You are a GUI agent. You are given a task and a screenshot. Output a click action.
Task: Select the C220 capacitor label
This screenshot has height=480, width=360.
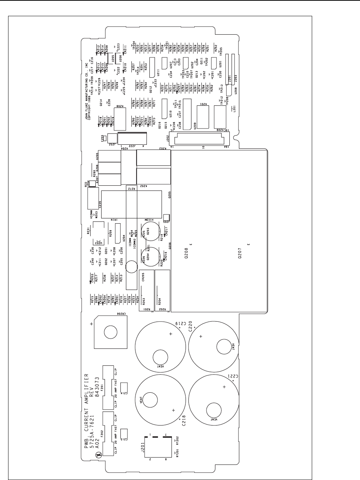pos(191,326)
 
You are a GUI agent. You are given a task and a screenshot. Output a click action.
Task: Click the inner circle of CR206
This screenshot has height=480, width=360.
pos(109,333)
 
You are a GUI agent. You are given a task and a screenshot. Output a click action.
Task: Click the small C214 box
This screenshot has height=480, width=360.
pos(124,388)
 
